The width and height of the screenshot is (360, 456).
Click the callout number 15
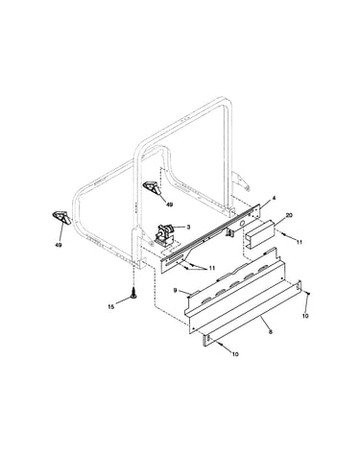pyautogui.click(x=110, y=306)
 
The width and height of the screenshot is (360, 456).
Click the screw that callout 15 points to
pyautogui.click(x=133, y=293)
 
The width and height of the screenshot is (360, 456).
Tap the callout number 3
pyautogui.click(x=188, y=227)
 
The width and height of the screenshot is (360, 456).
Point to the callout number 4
pyautogui.click(x=274, y=199)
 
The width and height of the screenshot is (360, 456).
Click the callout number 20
pyautogui.click(x=289, y=215)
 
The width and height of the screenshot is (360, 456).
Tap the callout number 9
pyautogui.click(x=175, y=290)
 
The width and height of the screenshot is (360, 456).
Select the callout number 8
pyautogui.click(x=271, y=332)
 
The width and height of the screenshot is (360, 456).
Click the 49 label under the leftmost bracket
pyautogui.click(x=59, y=245)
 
